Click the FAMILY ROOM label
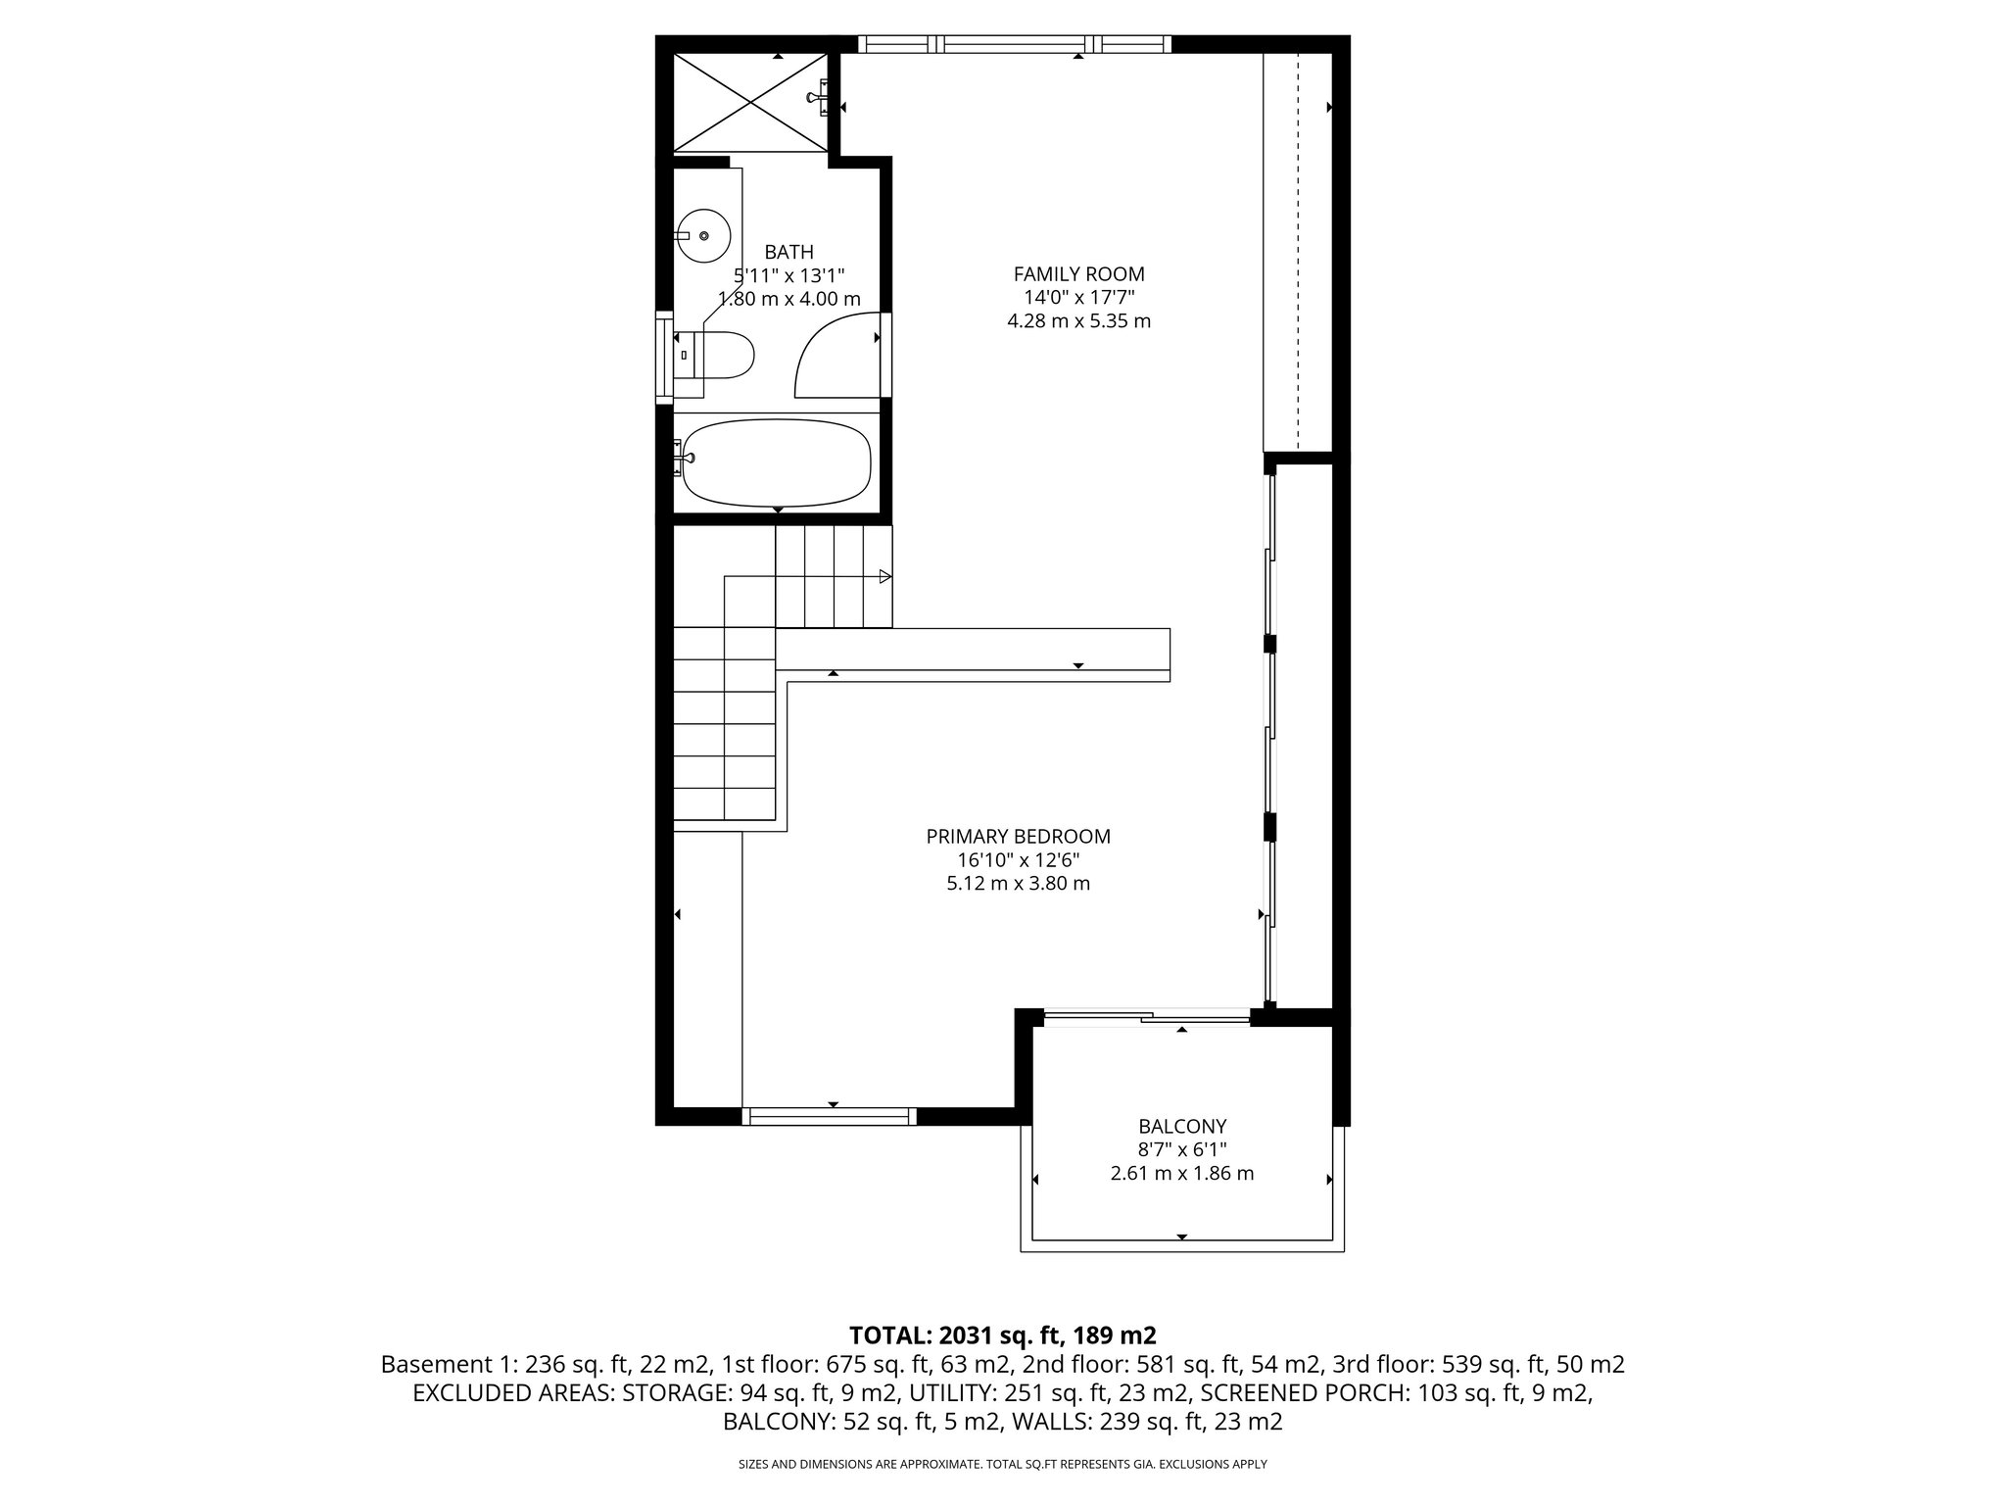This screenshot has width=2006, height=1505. coord(1078,274)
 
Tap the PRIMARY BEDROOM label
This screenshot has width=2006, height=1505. coord(1018,837)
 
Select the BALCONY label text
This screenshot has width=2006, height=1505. coord(1181,1127)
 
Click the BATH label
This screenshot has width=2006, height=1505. coord(788,253)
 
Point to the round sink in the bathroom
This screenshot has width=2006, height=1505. coord(703,236)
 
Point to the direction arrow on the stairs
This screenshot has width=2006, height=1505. coord(884,576)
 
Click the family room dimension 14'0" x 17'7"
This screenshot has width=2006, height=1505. coord(1078,298)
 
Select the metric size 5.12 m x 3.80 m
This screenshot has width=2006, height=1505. coord(1018,884)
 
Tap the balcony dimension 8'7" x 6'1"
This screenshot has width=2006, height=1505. coord(1181,1150)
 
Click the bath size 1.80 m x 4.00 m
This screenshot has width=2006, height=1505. coord(788,300)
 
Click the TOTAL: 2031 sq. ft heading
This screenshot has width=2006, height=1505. coord(1002,1335)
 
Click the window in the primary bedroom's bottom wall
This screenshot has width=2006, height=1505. coord(830,1115)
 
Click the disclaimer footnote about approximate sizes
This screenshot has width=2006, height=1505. coord(1002,1464)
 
